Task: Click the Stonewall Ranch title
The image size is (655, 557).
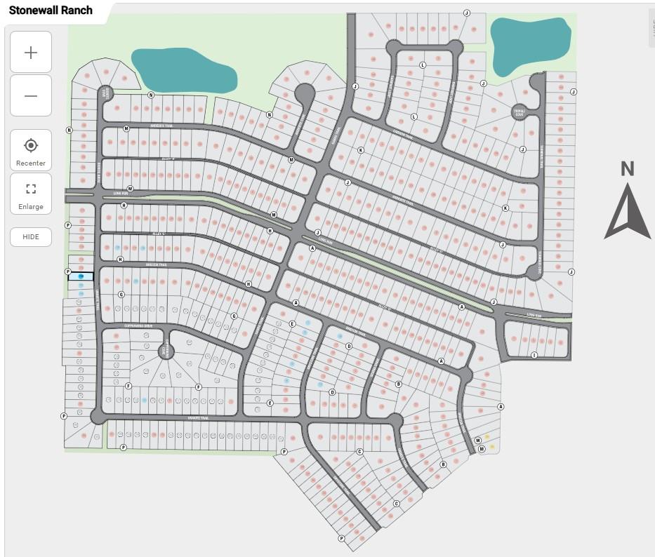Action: pyautogui.click(x=51, y=11)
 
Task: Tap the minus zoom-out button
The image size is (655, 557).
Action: pyautogui.click(x=31, y=95)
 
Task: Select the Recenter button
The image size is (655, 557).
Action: pyautogui.click(x=31, y=150)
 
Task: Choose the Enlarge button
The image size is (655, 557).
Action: pyautogui.click(x=31, y=194)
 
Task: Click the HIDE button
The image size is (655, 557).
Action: pyautogui.click(x=31, y=237)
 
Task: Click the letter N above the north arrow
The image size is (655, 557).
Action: pyautogui.click(x=627, y=168)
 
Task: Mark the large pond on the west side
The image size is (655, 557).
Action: pyautogui.click(x=184, y=69)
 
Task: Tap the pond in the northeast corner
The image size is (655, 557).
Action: pyautogui.click(x=529, y=46)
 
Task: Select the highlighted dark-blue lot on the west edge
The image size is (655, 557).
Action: pyautogui.click(x=81, y=276)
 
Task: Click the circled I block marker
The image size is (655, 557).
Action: pyautogui.click(x=534, y=355)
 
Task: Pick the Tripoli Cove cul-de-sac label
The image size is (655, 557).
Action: pyautogui.click(x=519, y=112)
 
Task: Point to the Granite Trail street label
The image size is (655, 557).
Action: pyautogui.click(x=199, y=417)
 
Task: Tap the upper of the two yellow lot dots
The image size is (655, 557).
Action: pyautogui.click(x=487, y=437)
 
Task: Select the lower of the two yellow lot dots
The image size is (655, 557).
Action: pyautogui.click(x=492, y=446)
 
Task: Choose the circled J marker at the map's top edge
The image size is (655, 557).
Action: pyautogui.click(x=466, y=13)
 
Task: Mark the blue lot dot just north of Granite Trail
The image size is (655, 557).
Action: pyautogui.click(x=144, y=400)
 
